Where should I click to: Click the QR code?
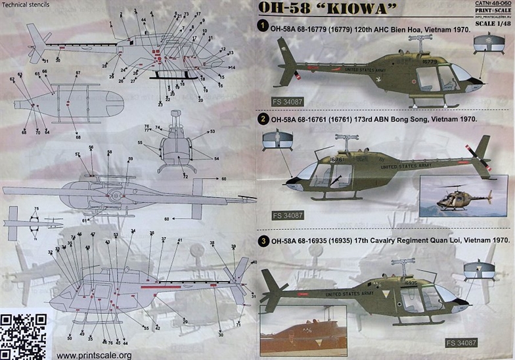point(24,336)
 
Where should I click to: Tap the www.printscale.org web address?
point(94,355)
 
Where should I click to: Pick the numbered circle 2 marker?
point(262,120)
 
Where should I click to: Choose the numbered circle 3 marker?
point(262,241)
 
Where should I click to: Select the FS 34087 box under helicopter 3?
point(489,343)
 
